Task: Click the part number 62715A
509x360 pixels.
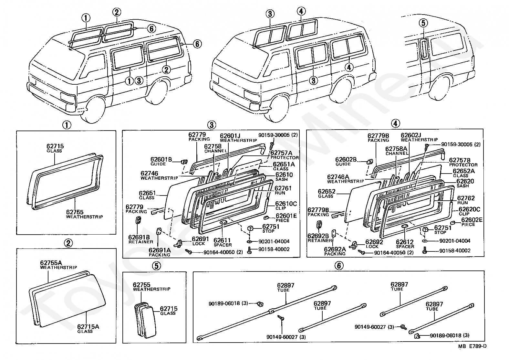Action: tap(88, 327)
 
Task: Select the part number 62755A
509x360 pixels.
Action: tap(51, 263)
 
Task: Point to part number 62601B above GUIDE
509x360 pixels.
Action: tap(161, 159)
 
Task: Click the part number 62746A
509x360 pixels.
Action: tap(338, 177)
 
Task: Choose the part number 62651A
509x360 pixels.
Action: tap(284, 164)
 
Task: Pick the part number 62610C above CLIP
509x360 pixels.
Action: tap(286, 204)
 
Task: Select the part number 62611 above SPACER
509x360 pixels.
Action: tap(222, 240)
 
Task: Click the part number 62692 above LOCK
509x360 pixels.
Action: tap(374, 242)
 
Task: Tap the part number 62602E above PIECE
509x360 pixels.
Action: tap(472, 220)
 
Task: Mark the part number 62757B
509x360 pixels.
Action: tap(460, 160)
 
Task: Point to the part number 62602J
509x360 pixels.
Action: tap(411, 135)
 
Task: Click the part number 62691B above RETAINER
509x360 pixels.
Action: tap(139, 238)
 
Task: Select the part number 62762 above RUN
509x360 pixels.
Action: tap(466, 198)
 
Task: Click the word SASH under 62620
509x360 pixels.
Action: tap(462, 186)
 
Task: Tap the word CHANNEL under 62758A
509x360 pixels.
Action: tap(397, 153)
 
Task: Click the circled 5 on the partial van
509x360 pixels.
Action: tap(423, 23)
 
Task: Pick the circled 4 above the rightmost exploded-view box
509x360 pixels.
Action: tap(395, 123)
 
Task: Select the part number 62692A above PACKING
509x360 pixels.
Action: tap(335, 249)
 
